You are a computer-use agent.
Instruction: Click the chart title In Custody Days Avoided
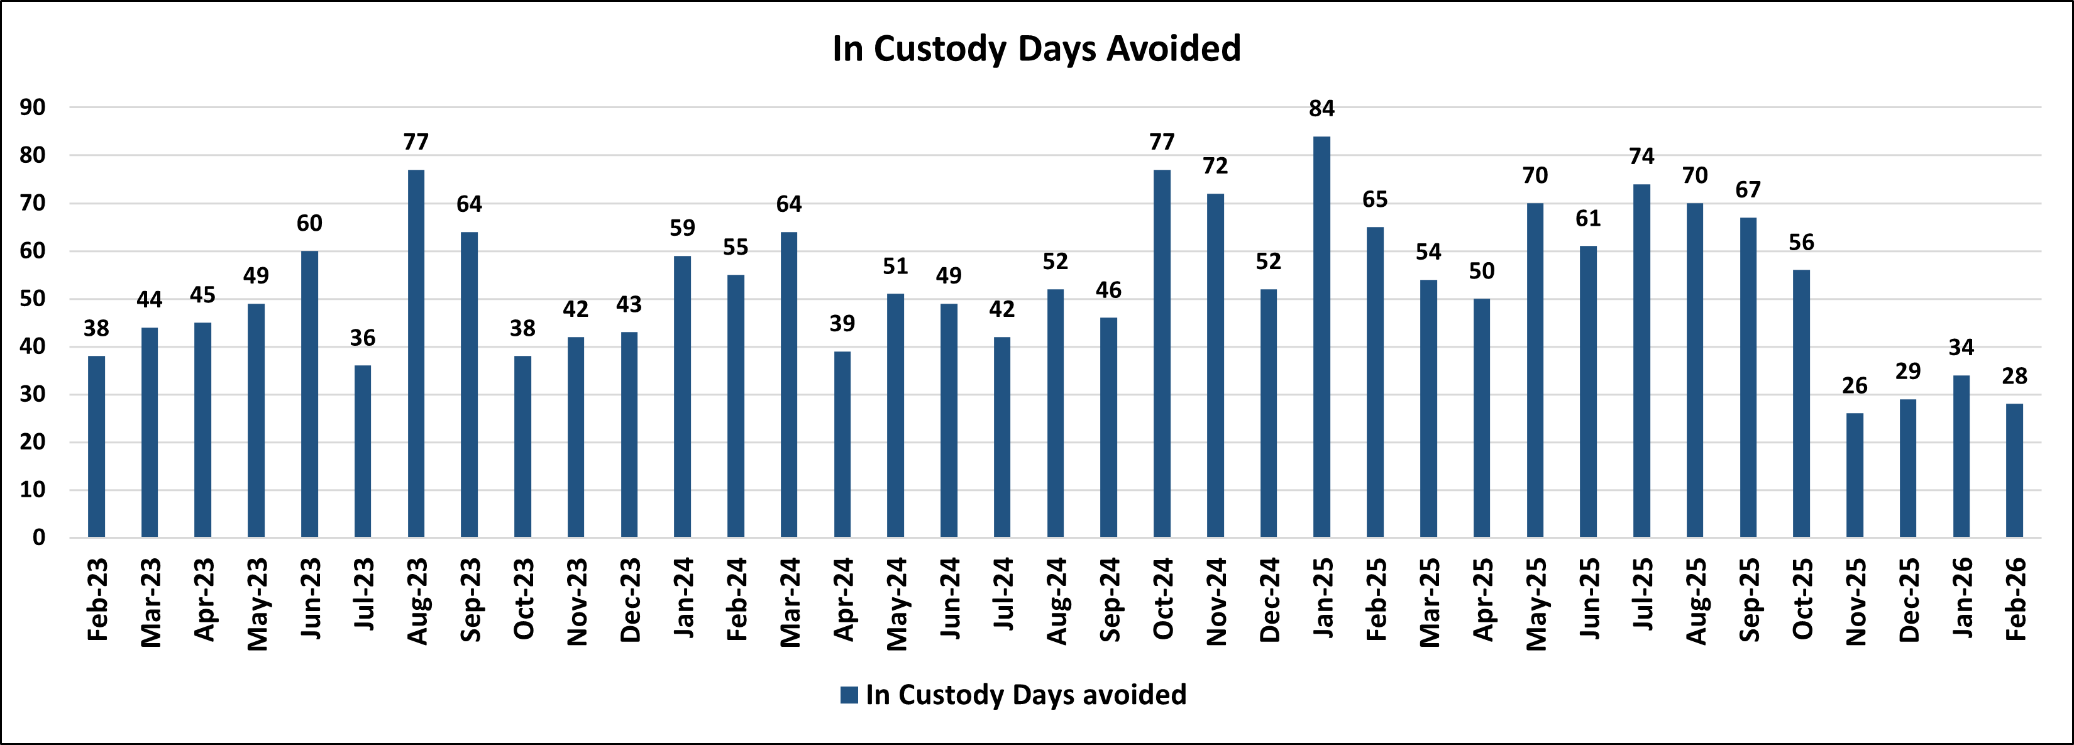click(x=1036, y=48)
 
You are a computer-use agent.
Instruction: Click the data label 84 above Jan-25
click(x=1321, y=109)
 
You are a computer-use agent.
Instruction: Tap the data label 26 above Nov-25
click(x=1854, y=386)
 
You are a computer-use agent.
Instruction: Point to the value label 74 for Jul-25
click(x=1641, y=157)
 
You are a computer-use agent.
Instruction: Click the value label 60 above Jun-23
click(x=309, y=223)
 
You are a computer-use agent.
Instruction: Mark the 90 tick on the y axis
click(x=33, y=107)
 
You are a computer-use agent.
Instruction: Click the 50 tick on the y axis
click(x=33, y=299)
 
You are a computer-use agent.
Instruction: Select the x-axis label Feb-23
click(x=97, y=600)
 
